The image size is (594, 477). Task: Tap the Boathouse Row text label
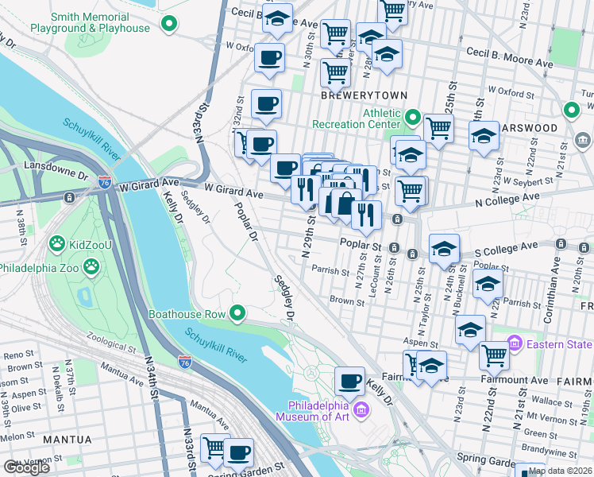click(x=187, y=314)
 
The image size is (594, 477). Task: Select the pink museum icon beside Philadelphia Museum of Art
click(x=361, y=409)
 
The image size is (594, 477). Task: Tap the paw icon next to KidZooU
click(x=56, y=242)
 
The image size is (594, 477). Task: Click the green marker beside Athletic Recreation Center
click(x=412, y=118)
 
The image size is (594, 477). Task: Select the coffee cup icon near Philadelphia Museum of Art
click(x=349, y=382)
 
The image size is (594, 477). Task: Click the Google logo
click(x=27, y=467)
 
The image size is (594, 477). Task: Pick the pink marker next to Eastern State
click(x=515, y=343)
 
